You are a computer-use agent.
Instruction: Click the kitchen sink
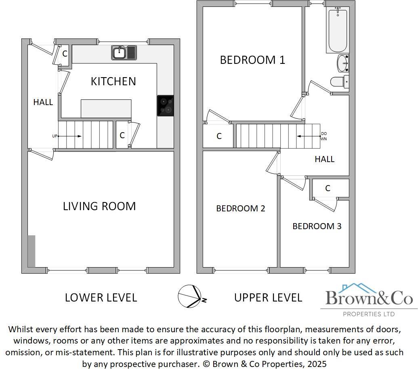pyautogui.click(x=124, y=53)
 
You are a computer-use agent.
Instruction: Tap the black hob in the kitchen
pyautogui.click(x=165, y=106)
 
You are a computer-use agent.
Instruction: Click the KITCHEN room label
pyautogui.click(x=113, y=81)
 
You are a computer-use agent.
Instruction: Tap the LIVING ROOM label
pyautogui.click(x=99, y=206)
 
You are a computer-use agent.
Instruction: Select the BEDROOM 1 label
pyautogui.click(x=252, y=60)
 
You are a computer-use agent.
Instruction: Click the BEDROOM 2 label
pyautogui.click(x=240, y=209)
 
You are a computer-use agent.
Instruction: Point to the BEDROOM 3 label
pyautogui.click(x=317, y=226)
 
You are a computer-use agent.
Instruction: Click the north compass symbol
pyautogui.click(x=190, y=296)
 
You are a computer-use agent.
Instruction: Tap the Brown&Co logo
pyautogui.click(x=369, y=299)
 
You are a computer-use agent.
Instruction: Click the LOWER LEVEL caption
pyautogui.click(x=101, y=298)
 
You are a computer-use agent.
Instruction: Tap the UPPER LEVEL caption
pyautogui.click(x=268, y=298)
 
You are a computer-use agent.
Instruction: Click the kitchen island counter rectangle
pyautogui.click(x=106, y=108)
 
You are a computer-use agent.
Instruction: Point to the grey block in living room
pyautogui.click(x=31, y=251)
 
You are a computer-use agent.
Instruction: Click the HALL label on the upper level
pyautogui.click(x=324, y=159)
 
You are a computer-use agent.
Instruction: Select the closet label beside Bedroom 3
pyautogui.click(x=328, y=188)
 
